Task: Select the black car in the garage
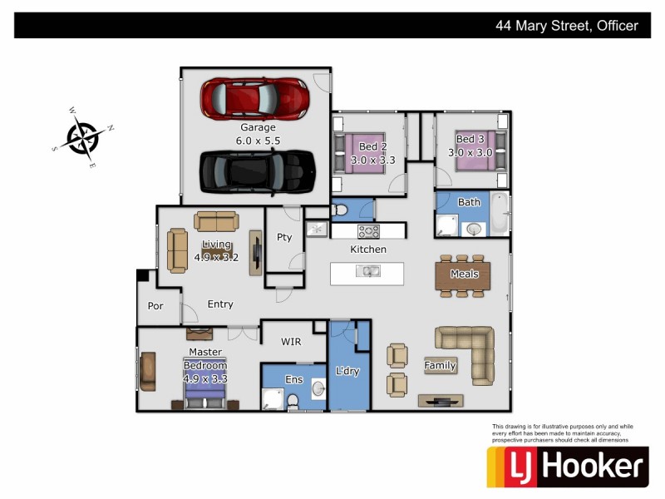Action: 258,170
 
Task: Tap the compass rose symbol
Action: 83,136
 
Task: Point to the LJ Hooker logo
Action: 567,467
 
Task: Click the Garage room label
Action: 259,128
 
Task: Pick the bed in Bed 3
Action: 478,151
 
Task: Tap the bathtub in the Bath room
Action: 499,214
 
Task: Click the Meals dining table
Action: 464,274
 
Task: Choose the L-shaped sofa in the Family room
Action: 470,349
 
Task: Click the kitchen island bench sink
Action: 367,271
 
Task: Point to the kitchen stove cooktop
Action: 368,231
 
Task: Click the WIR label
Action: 291,342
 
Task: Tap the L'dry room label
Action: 347,371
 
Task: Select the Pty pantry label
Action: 284,237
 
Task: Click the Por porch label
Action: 155,306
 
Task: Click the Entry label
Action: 220,304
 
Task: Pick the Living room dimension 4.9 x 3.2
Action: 216,258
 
